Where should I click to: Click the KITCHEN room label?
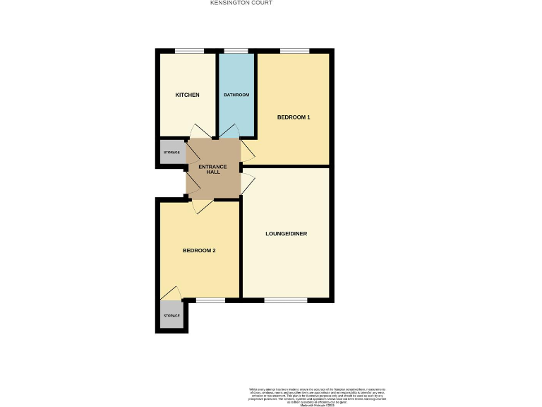(x=187, y=95)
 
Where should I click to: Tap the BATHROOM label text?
(x=236, y=95)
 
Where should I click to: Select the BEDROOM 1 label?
(x=293, y=117)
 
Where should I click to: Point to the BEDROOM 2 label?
(x=199, y=250)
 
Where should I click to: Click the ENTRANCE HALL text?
(x=213, y=169)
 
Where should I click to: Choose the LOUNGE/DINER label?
(x=286, y=233)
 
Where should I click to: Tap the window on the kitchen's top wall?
(x=189, y=50)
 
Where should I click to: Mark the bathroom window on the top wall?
(x=236, y=50)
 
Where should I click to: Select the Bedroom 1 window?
(x=294, y=50)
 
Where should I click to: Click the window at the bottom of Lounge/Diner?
(x=285, y=300)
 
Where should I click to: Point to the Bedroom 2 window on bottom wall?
(x=210, y=300)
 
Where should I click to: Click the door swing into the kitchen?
(x=199, y=131)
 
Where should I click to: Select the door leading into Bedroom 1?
(x=248, y=149)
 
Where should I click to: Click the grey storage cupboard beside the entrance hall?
(x=171, y=153)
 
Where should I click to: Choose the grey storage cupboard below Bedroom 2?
(x=171, y=315)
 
